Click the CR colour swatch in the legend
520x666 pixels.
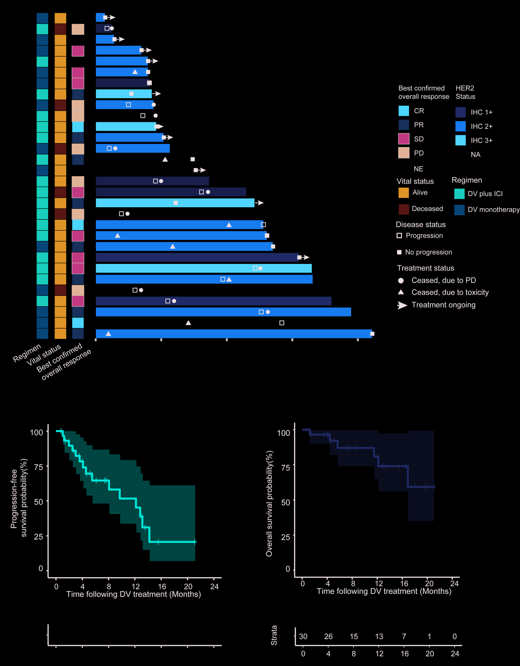tap(404, 111)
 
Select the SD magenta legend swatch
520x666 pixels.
tap(404, 139)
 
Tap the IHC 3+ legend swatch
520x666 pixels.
tap(460, 140)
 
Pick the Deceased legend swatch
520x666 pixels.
tap(404, 209)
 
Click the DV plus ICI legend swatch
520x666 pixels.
tap(459, 194)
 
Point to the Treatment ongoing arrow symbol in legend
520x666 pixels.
tap(402, 305)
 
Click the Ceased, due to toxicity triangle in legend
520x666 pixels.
tap(401, 292)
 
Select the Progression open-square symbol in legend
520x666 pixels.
tap(399, 235)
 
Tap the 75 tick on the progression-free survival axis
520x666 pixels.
tap(39, 467)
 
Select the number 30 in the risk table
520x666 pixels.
tap(303, 636)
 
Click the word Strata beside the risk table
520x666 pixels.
tap(274, 635)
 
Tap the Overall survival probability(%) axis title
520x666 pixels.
tap(269, 503)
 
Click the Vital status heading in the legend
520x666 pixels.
tap(415, 181)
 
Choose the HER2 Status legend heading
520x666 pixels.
tap(465, 92)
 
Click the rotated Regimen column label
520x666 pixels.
tap(27, 353)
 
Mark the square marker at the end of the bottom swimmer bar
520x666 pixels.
tap(372, 334)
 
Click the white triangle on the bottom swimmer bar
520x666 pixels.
tap(108, 334)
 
